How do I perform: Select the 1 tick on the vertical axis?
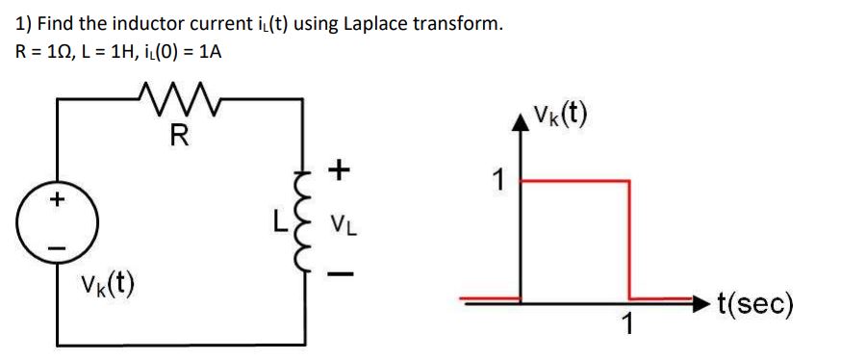click(x=497, y=179)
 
